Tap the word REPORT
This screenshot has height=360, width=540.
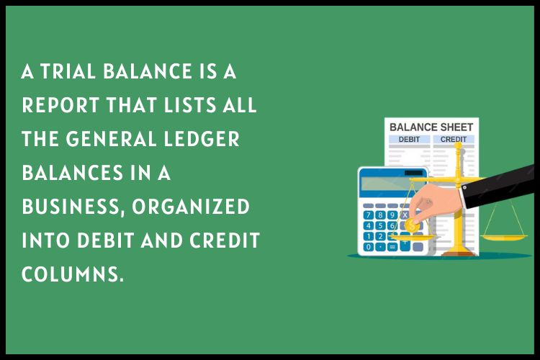point(60,105)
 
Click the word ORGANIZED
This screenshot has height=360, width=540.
point(191,207)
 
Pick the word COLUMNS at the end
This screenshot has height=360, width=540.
point(72,274)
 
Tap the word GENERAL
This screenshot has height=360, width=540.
point(111,139)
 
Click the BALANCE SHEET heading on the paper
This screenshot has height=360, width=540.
point(431,127)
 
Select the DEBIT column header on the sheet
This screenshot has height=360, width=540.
point(409,140)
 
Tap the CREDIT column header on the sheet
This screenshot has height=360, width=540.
point(453,140)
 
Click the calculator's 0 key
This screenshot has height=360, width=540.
point(369,247)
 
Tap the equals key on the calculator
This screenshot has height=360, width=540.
point(392,247)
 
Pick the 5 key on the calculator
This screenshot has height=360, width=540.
point(380,226)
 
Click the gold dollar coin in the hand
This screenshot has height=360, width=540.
point(412,226)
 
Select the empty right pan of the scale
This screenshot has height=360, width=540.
point(503,238)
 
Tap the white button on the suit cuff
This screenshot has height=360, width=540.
point(464,187)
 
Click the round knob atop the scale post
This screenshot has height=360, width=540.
point(458,146)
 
